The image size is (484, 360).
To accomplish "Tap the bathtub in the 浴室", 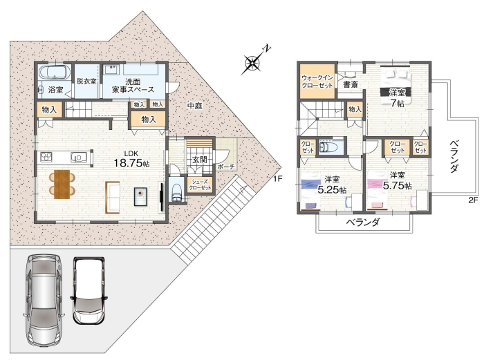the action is pyautogui.click(x=55, y=73).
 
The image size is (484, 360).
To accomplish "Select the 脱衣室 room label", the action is pyautogui.click(x=86, y=82).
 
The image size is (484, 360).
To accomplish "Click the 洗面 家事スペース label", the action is pyautogui.click(x=133, y=86).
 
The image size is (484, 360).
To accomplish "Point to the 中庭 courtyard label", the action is pyautogui.click(x=195, y=106).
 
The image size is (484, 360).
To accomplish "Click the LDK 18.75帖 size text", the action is pyautogui.click(x=131, y=160).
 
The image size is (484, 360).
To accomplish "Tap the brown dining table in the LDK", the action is pyautogui.click(x=62, y=184).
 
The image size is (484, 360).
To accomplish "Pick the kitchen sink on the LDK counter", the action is pyautogui.click(x=77, y=158).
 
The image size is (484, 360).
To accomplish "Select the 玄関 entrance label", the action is pyautogui.click(x=199, y=160).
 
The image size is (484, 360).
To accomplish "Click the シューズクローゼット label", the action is pyautogui.click(x=201, y=184).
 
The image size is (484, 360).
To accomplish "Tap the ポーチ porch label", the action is pyautogui.click(x=226, y=167).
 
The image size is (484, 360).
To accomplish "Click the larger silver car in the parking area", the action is pyautogui.click(x=43, y=301).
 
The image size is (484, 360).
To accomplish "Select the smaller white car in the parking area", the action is pyautogui.click(x=89, y=290).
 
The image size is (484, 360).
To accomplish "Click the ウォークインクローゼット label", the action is pyautogui.click(x=317, y=82).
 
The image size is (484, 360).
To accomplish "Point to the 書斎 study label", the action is pyautogui.click(x=351, y=84).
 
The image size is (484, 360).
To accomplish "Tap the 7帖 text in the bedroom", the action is pyautogui.click(x=398, y=103).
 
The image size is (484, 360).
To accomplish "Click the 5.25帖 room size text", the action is pyautogui.click(x=332, y=189).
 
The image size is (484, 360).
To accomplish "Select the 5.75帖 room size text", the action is pyautogui.click(x=398, y=185).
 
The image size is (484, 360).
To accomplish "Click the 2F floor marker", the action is pyautogui.click(x=473, y=200).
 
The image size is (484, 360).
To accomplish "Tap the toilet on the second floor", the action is pyautogui.click(x=326, y=147).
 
